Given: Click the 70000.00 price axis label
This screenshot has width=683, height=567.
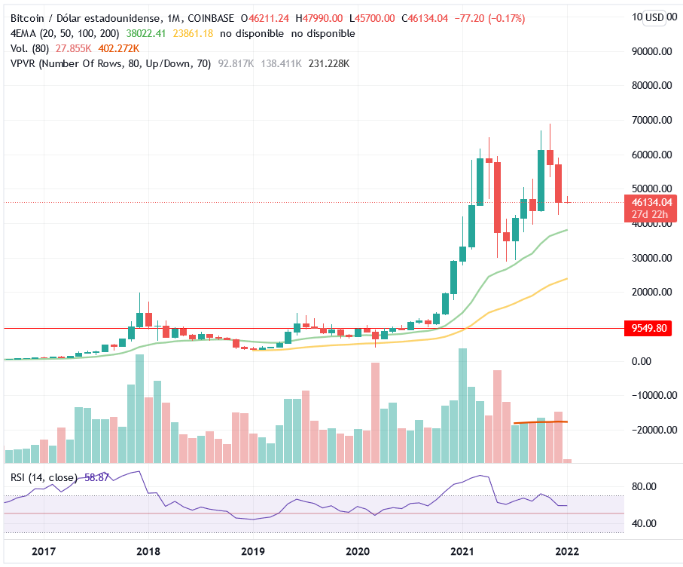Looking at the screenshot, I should click(x=652, y=120).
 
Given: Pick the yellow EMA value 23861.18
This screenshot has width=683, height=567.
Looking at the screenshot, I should click(x=194, y=33).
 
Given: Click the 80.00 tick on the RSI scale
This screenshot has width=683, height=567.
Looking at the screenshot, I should click(x=648, y=487).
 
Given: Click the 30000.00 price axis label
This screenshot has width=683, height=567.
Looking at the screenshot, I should click(x=652, y=258).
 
